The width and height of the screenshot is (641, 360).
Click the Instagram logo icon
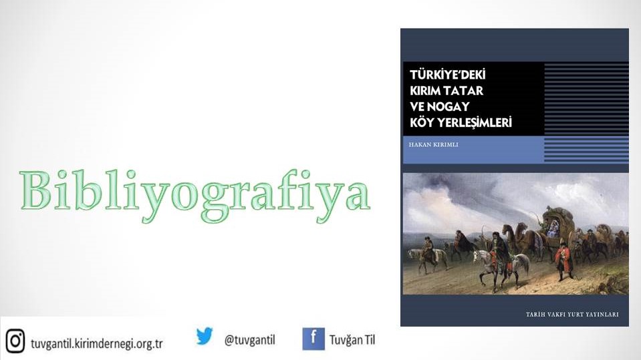pyautogui.click(x=15, y=341)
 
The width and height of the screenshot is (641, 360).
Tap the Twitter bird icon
pyautogui.click(x=205, y=337)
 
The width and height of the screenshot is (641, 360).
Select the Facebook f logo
pyautogui.click(x=313, y=339)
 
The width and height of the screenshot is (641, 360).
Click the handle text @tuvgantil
pyautogui.click(x=249, y=340)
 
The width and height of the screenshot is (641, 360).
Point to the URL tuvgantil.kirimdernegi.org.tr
pyautogui.click(x=97, y=343)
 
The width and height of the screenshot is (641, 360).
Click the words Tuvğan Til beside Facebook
pyautogui.click(x=352, y=340)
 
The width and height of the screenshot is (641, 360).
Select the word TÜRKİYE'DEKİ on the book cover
pyautogui.click(x=448, y=75)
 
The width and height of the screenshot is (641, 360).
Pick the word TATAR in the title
pyautogui.click(x=466, y=91)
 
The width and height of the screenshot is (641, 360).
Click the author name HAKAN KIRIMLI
pyautogui.click(x=433, y=145)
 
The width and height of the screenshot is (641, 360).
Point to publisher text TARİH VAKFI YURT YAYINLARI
pyautogui.click(x=572, y=314)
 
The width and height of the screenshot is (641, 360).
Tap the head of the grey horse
pyautogui.click(x=477, y=256)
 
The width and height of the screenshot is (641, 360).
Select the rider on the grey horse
pyautogui.click(x=499, y=252)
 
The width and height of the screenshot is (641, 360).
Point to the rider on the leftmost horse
pyautogui.click(x=428, y=248)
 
